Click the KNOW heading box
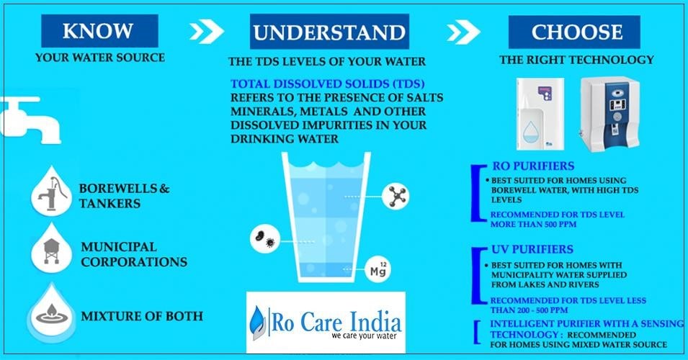[x=99, y=31]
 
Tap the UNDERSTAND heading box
[x=329, y=32]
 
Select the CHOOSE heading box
[x=574, y=32]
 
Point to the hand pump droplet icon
[x=52, y=192]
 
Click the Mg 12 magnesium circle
[x=377, y=269]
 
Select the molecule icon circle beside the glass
[x=396, y=196]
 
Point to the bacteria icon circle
[x=265, y=238]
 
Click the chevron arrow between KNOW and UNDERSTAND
[x=207, y=32]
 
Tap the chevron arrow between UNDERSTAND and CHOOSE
[x=463, y=32]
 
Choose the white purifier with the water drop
[x=540, y=114]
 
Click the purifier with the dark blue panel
[x=610, y=114]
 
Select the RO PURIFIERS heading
[x=532, y=166]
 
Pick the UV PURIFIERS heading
[x=532, y=249]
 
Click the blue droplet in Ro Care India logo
[x=258, y=323]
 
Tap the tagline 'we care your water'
[x=364, y=336]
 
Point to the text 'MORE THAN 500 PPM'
[x=533, y=224]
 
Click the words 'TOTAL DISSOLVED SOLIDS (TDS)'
[x=327, y=84]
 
